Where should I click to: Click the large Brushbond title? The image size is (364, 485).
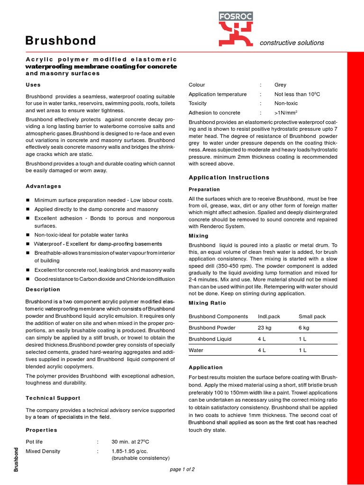click(x=61, y=41)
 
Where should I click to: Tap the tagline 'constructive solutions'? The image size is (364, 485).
click(x=292, y=43)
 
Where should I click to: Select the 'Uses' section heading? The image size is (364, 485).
click(x=33, y=85)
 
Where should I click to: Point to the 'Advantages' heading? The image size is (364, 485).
click(x=43, y=186)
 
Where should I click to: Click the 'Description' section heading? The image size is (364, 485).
click(x=43, y=289)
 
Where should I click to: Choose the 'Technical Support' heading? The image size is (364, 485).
click(x=53, y=398)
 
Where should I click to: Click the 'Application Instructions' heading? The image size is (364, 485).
click(x=229, y=178)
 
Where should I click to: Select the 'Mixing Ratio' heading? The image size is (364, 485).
click(x=208, y=303)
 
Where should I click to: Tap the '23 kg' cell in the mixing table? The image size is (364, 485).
click(x=264, y=328)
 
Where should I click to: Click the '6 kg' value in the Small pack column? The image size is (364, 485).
click(x=304, y=328)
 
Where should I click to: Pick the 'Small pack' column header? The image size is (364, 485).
click(x=312, y=316)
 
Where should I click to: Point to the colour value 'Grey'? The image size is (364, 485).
click(x=280, y=85)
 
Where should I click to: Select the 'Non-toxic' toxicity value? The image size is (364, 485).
click(x=286, y=103)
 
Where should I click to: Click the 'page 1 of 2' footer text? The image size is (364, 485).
click(x=182, y=469)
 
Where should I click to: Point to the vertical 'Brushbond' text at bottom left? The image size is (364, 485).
click(x=16, y=459)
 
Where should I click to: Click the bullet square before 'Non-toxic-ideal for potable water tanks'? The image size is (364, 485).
click(x=28, y=235)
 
